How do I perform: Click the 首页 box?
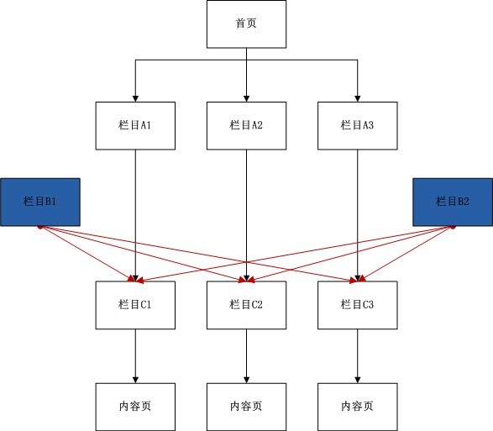tap(247, 24)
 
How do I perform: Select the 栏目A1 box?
tap(135, 125)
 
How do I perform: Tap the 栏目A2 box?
tap(247, 125)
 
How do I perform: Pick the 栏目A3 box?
tap(358, 125)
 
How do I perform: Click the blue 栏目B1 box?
tap(40, 202)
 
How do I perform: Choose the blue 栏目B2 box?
tap(453, 202)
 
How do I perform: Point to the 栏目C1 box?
tap(135, 305)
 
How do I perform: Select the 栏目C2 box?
tap(247, 305)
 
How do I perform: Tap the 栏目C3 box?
tap(358, 305)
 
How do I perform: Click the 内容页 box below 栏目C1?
tap(135, 407)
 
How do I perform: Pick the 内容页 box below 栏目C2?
tap(247, 407)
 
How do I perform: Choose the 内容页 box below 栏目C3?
tap(358, 407)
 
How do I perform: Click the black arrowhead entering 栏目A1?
tap(135, 98)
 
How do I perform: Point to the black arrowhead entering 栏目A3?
tap(358, 98)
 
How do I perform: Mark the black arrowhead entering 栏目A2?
tap(247, 98)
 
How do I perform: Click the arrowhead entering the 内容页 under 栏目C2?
tap(247, 380)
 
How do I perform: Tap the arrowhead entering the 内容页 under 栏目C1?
tap(135, 380)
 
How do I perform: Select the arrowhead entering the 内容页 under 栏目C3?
tap(358, 380)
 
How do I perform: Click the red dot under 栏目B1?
tap(40, 227)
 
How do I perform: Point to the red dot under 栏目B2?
tap(453, 227)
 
